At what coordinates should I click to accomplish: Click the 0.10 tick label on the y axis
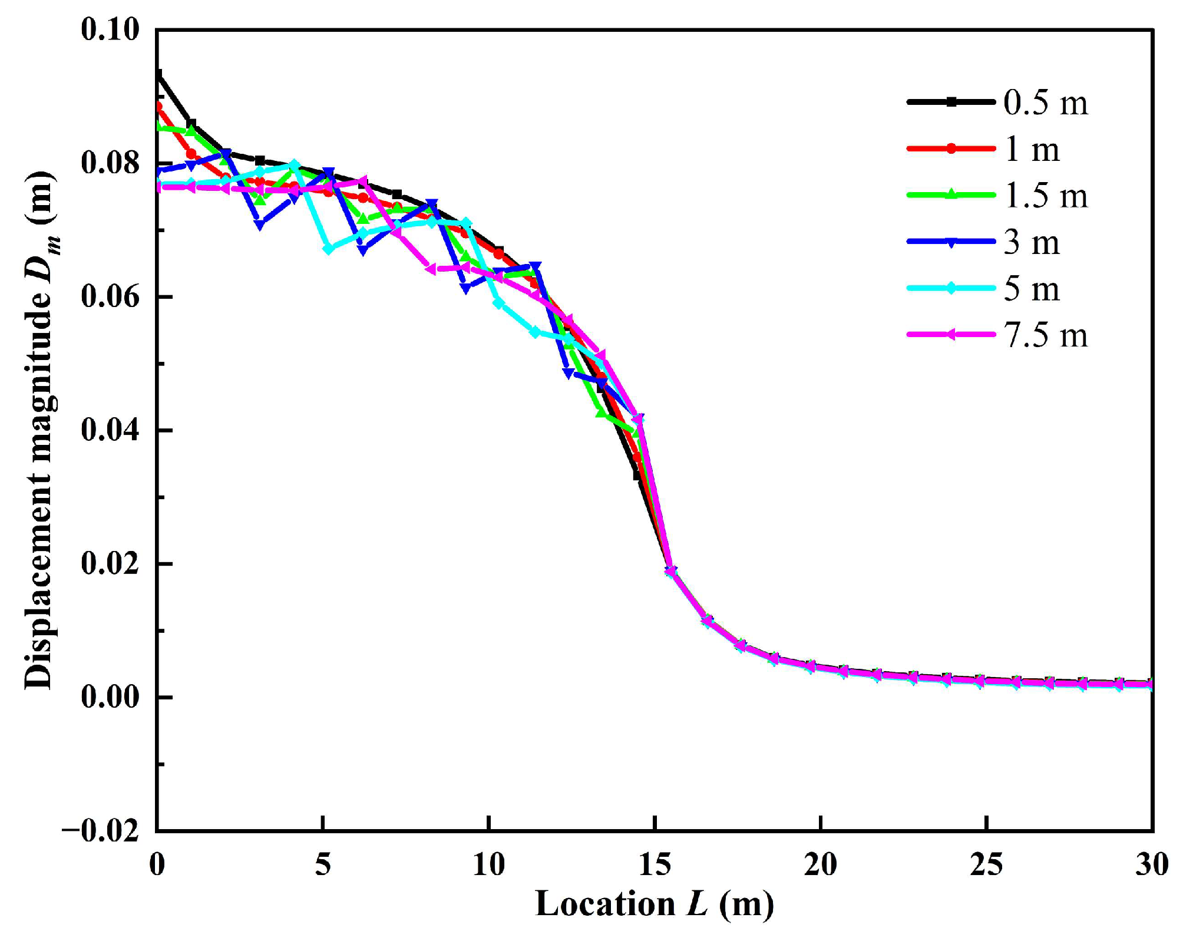pyautogui.click(x=110, y=29)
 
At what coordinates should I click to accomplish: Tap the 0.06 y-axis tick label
pyautogui.click(x=110, y=296)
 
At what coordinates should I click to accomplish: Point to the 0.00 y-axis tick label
pyautogui.click(x=110, y=697)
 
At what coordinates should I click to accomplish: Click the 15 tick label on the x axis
pyautogui.click(x=655, y=865)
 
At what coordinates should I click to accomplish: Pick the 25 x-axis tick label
pyautogui.click(x=986, y=865)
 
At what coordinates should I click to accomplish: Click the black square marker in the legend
pyautogui.click(x=951, y=103)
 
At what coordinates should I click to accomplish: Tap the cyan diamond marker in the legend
pyautogui.click(x=951, y=289)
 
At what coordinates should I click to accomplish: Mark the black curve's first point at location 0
pyautogui.click(x=158, y=74)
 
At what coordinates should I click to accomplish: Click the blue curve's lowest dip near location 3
pyautogui.click(x=260, y=225)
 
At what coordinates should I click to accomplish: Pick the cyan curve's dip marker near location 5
pyautogui.click(x=329, y=249)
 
